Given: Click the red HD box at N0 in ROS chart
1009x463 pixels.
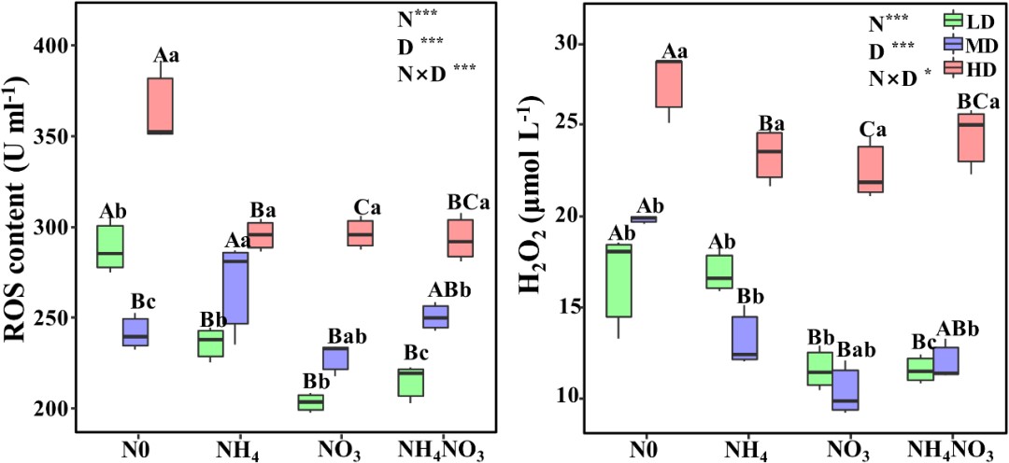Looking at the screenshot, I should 161,105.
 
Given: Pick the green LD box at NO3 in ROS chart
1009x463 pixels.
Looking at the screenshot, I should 310,401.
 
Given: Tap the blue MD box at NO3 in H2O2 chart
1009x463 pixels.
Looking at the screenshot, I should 846,390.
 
